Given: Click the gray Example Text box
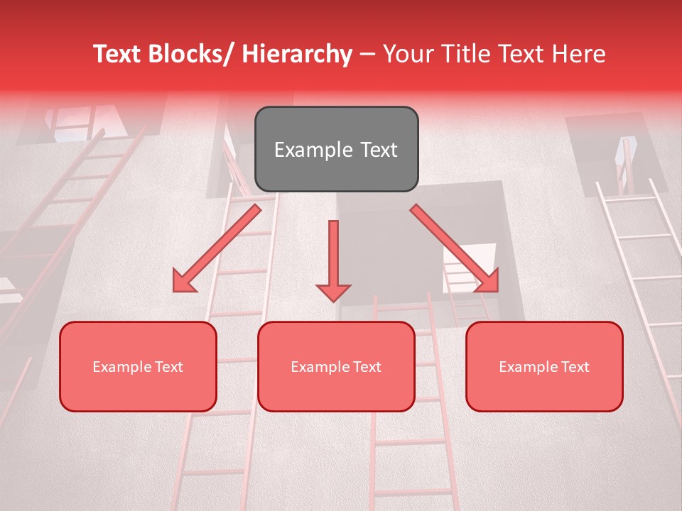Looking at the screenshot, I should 336,149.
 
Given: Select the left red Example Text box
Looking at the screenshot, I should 138,366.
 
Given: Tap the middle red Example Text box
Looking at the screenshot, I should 336,366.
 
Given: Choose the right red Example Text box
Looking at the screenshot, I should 544,366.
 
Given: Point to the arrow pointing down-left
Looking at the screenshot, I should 216,248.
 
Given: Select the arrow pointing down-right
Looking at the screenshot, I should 455,248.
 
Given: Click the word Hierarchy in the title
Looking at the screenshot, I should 297,54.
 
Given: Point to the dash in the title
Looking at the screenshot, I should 368,55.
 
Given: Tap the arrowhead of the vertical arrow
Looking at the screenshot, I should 333,292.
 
